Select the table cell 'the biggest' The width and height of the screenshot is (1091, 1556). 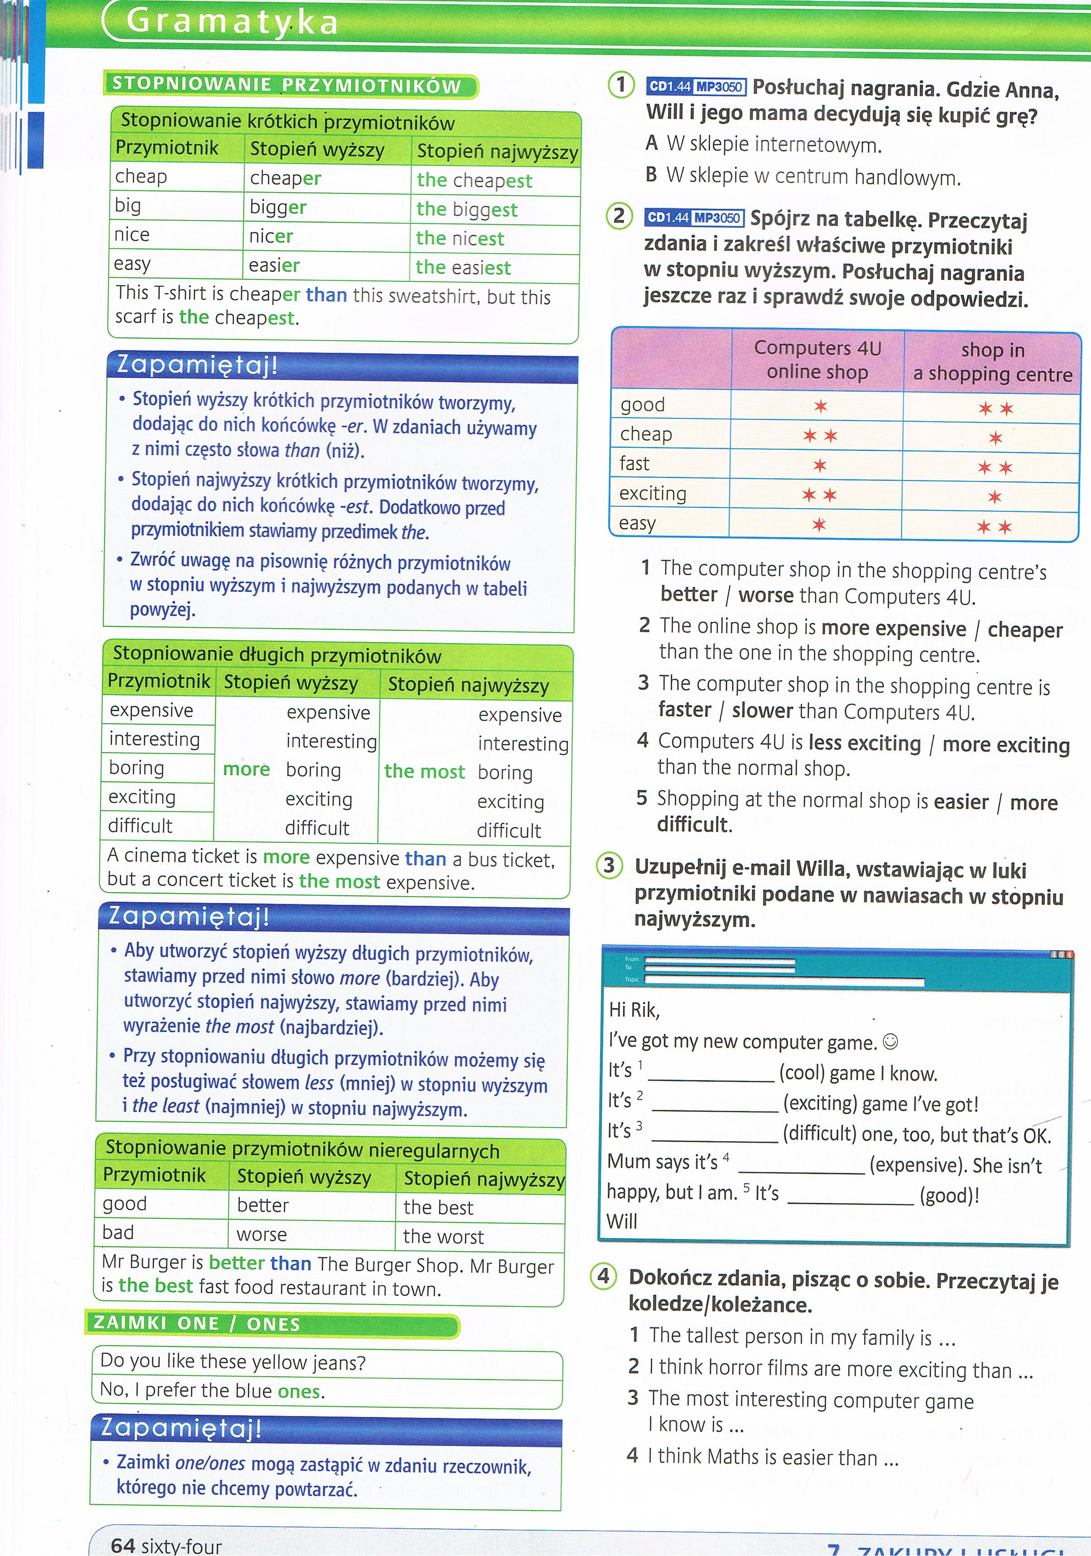[x=467, y=209]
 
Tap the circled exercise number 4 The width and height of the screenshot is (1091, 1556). [x=603, y=1276]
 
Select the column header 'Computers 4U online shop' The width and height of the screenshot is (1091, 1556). [x=817, y=360]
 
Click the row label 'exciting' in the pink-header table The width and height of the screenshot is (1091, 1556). [x=653, y=493]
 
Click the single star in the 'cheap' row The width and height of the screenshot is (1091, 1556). [x=995, y=438]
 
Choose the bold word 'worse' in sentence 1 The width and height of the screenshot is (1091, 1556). [x=766, y=595]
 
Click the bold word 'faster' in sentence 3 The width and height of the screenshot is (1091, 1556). [x=684, y=710]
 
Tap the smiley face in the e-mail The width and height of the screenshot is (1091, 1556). [x=892, y=1041]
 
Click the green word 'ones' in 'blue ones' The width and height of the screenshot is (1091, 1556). [x=299, y=1391]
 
